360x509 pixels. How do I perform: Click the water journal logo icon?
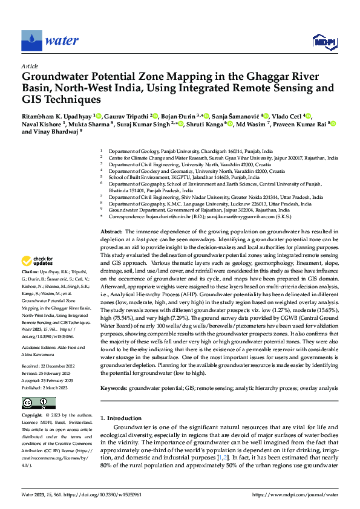click(x=31, y=41)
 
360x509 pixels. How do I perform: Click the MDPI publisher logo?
click(x=324, y=41)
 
